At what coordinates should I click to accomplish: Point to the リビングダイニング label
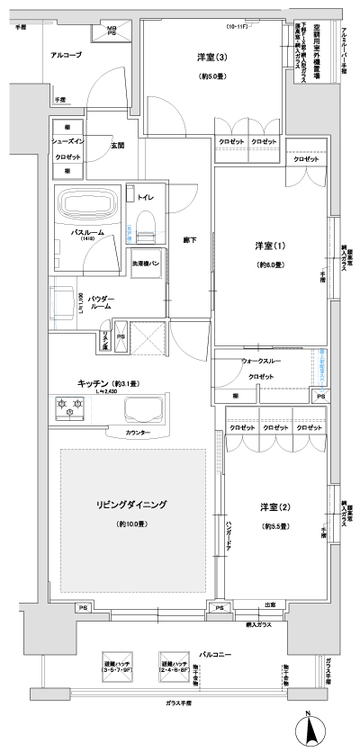[132, 505]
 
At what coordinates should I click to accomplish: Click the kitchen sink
[147, 409]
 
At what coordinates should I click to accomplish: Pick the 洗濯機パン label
[148, 263]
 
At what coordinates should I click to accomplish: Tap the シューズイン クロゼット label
[66, 148]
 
